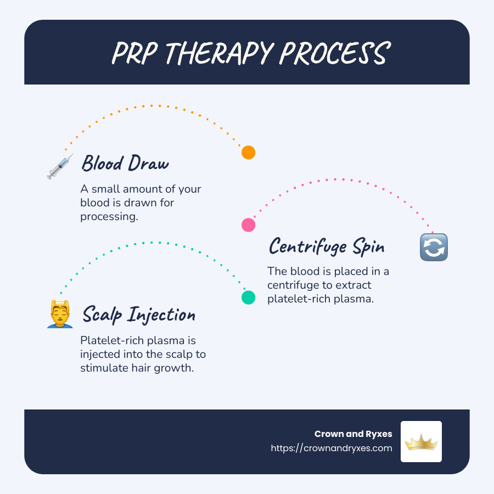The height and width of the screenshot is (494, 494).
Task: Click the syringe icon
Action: tap(60, 167)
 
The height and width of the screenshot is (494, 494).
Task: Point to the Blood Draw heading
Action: tap(125, 164)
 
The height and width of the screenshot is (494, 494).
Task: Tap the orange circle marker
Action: tap(249, 153)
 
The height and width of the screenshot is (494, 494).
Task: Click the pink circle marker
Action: tap(249, 224)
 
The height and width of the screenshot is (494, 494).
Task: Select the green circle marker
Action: tap(249, 297)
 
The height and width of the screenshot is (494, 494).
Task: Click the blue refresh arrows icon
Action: tap(434, 247)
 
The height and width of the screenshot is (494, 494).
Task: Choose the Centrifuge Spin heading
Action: tap(327, 246)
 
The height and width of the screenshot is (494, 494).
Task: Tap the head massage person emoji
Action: tap(60, 315)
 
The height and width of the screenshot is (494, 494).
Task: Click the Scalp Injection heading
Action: tap(139, 315)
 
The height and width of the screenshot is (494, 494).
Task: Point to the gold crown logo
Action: tap(421, 441)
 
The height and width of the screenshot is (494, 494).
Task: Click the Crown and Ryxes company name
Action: tap(353, 434)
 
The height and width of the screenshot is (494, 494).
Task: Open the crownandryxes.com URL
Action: tap(332, 448)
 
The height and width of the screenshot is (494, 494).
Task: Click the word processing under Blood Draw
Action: tap(107, 216)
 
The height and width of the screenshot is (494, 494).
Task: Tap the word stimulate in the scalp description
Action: tap(105, 368)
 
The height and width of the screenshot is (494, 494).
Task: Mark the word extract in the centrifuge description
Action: tap(355, 285)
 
